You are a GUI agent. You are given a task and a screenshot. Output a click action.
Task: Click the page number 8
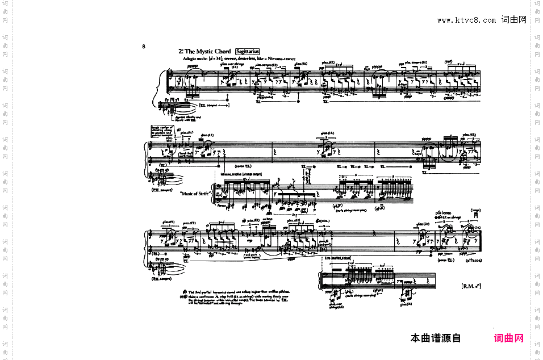(x=144, y=47)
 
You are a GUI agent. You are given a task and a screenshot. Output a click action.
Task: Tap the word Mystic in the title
(x=203, y=52)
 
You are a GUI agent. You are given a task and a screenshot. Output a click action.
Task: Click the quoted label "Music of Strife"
(x=195, y=194)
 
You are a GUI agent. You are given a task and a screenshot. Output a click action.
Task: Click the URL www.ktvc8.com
(x=466, y=20)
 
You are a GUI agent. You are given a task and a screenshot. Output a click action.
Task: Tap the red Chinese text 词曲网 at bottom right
(x=509, y=338)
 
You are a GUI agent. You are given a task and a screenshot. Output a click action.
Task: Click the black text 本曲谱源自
(x=436, y=338)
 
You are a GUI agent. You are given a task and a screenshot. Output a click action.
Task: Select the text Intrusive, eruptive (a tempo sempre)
(x=245, y=174)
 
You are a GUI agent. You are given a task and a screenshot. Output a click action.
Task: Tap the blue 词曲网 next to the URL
(x=513, y=20)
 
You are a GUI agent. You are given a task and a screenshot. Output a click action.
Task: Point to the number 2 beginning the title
(x=180, y=52)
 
